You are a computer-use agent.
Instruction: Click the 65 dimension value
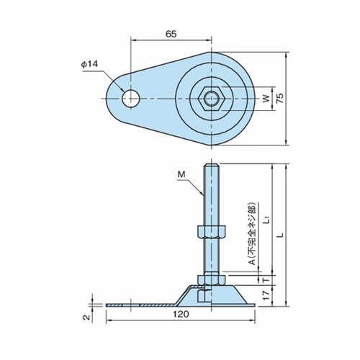pos(171,34)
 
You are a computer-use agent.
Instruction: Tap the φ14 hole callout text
pos(89,64)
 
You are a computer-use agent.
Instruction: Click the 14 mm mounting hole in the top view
pos(131,99)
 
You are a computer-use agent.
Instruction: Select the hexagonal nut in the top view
pos(211,99)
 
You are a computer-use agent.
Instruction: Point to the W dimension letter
pos(266,99)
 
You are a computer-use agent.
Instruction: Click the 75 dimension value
pos(279,98)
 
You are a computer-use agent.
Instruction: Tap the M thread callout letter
pos(181,174)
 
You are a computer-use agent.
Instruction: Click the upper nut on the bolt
pos(211,231)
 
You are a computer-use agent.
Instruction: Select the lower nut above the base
pos(211,280)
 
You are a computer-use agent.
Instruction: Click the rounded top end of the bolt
pos(211,165)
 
